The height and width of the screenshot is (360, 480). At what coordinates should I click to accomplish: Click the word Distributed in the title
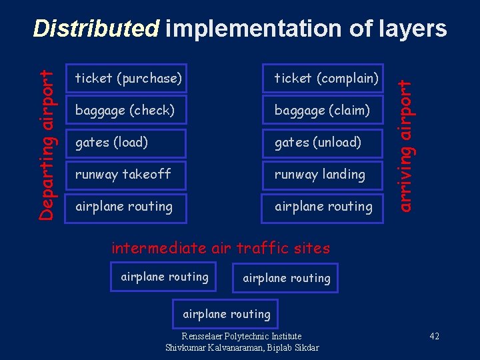pyautogui.click(x=97, y=28)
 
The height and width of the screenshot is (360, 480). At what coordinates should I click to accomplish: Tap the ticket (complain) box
pyautogui.click(x=325, y=79)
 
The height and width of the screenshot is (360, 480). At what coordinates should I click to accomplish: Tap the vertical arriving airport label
pyautogui.click(x=405, y=143)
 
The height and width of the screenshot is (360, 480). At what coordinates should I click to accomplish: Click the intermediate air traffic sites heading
pyautogui.click(x=221, y=249)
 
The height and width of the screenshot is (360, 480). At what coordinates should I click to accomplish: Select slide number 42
pyautogui.click(x=434, y=336)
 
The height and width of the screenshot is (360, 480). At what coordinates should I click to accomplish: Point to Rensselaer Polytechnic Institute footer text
pyautogui.click(x=241, y=336)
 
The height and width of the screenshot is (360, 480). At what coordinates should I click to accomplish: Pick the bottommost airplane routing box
pyautogui.click(x=227, y=314)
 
